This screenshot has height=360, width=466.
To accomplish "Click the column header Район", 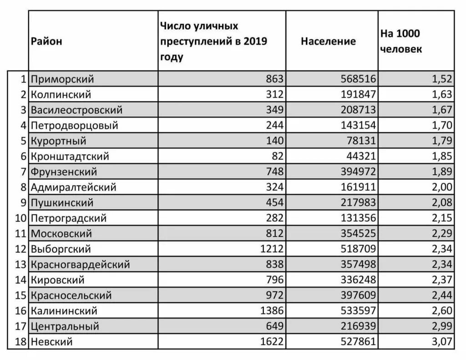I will [47, 41].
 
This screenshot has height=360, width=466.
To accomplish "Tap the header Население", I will [328, 41].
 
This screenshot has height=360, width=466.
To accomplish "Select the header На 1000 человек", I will [401, 41].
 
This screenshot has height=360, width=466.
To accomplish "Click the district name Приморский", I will [62, 79].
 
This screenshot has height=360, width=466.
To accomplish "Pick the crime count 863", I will [275, 79].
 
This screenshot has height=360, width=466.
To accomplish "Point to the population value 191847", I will [358, 95].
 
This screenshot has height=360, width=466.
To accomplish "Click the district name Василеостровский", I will [76, 110].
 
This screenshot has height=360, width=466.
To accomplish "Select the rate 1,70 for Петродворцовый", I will [442, 126].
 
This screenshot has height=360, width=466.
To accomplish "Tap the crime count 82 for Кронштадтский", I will [278, 157].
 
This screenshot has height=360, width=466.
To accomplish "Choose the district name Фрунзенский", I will [64, 172].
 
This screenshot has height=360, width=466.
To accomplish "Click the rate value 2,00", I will [442, 188].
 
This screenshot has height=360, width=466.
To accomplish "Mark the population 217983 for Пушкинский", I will [358, 203].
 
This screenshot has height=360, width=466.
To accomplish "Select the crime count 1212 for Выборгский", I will [272, 249].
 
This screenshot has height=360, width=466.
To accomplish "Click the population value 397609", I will [358, 296].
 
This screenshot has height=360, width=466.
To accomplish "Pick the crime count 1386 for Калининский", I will [272, 311].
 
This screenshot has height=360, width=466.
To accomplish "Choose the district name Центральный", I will [65, 327].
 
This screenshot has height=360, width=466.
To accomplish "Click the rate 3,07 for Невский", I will [442, 342].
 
